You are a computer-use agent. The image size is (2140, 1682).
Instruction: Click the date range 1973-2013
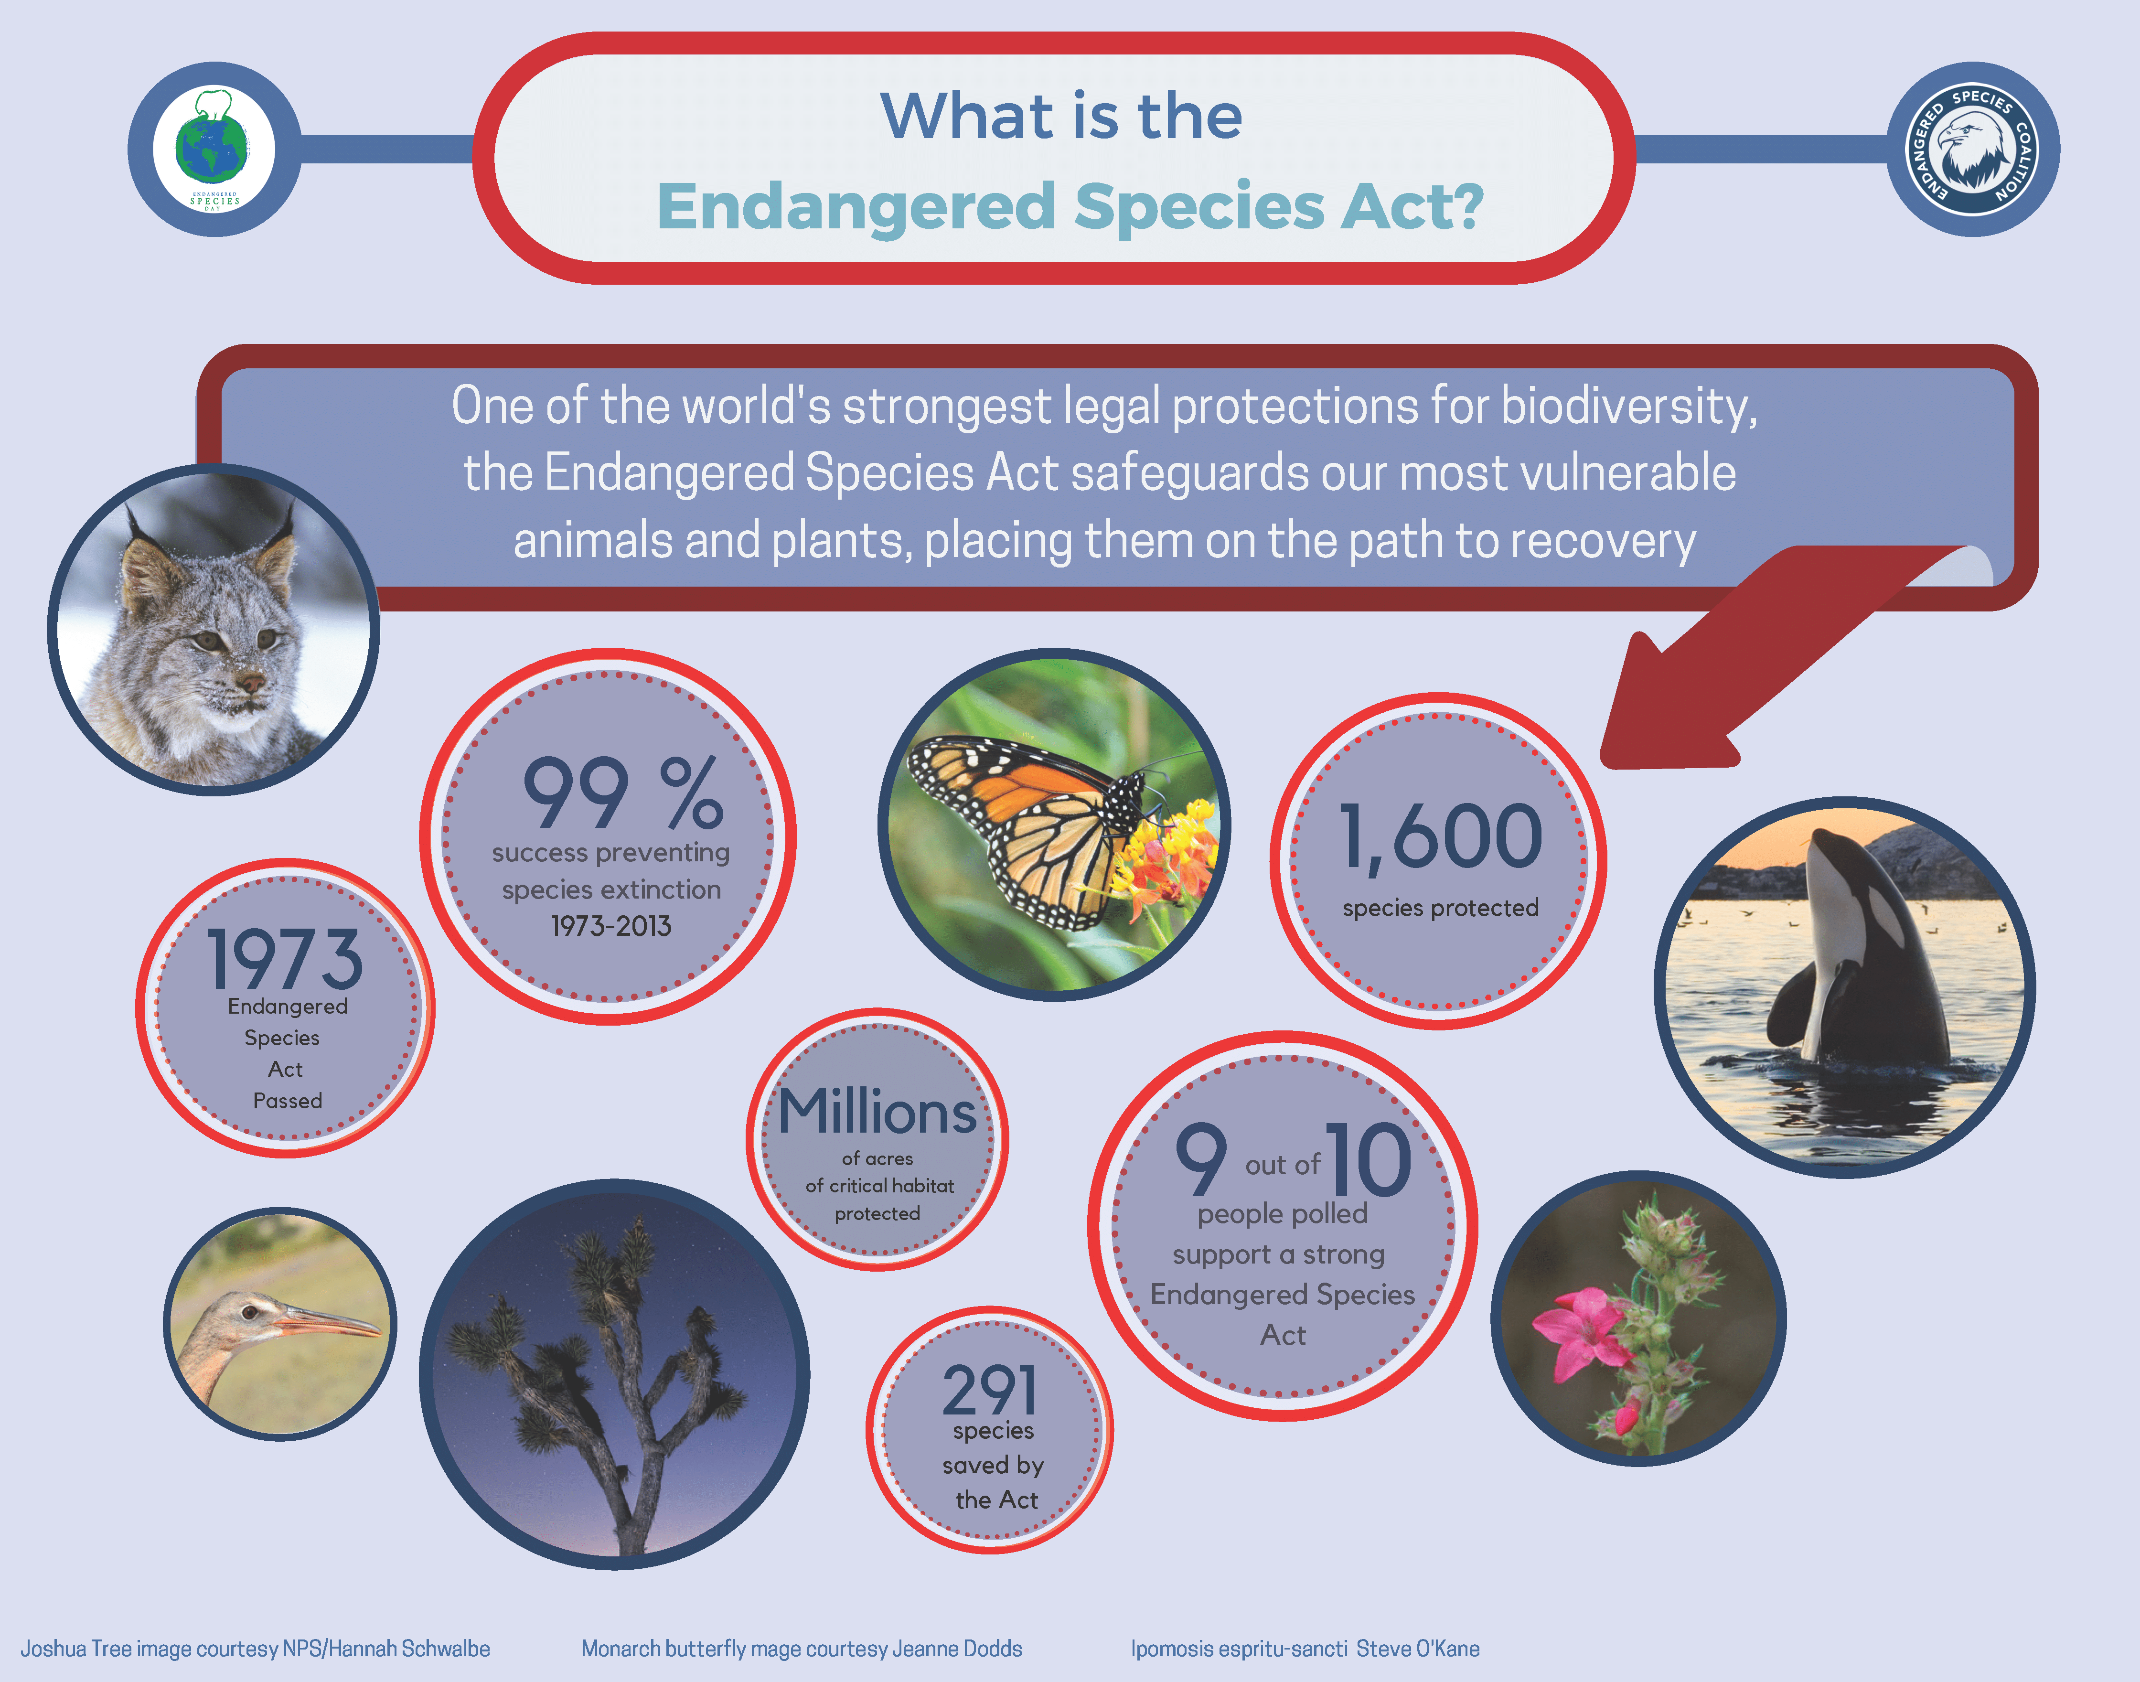610,926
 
